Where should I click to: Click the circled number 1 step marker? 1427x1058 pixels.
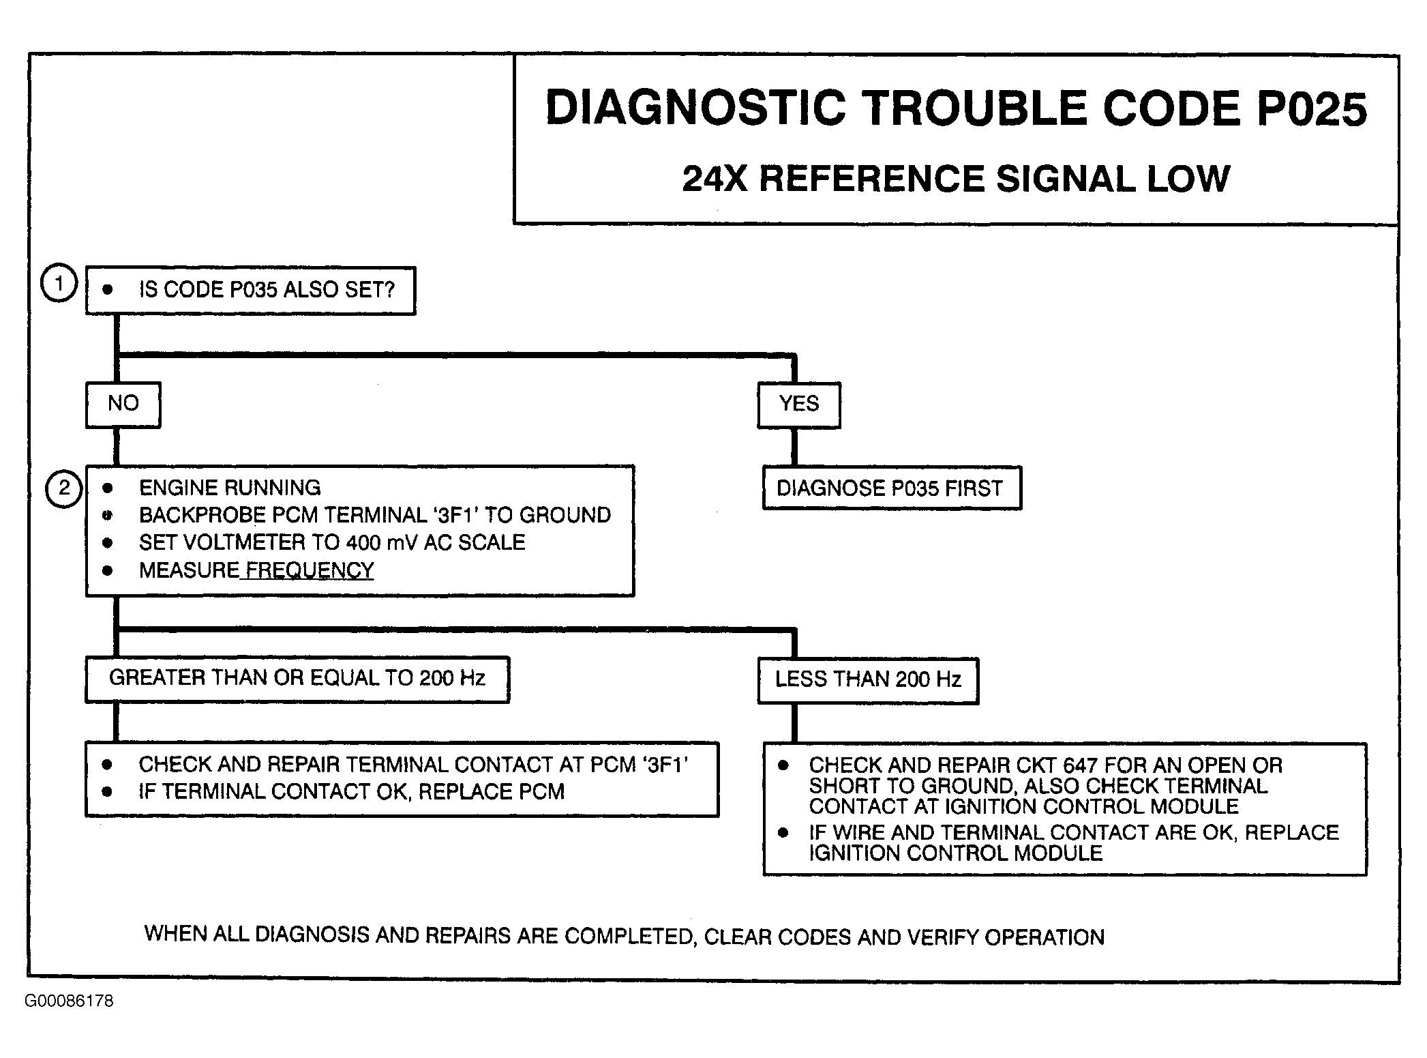pyautogui.click(x=59, y=284)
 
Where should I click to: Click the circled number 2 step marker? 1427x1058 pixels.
pyautogui.click(x=64, y=488)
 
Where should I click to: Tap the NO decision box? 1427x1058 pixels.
pyautogui.click(x=123, y=405)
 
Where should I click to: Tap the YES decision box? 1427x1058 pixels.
pyautogui.click(x=799, y=405)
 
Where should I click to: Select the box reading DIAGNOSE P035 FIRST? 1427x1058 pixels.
pyautogui.click(x=891, y=488)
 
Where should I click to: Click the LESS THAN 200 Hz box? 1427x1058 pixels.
pyautogui.click(x=868, y=680)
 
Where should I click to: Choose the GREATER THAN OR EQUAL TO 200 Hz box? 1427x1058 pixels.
pyautogui.click(x=297, y=679)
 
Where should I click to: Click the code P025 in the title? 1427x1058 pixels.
pyautogui.click(x=1311, y=109)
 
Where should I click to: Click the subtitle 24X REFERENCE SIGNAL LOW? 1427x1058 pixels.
pyautogui.click(x=956, y=179)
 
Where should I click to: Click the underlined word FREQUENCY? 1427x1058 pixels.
pyautogui.click(x=310, y=570)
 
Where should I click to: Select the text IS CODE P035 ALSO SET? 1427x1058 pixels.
pyautogui.click(x=267, y=290)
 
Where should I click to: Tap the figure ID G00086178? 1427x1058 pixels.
pyautogui.click(x=69, y=1001)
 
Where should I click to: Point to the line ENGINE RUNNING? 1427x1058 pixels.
pyautogui.click(x=230, y=488)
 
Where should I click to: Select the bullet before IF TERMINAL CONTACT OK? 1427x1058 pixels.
pyautogui.click(x=107, y=792)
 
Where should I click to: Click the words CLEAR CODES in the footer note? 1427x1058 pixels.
pyautogui.click(x=777, y=937)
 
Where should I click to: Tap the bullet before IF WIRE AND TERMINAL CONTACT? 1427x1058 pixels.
pyautogui.click(x=783, y=833)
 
